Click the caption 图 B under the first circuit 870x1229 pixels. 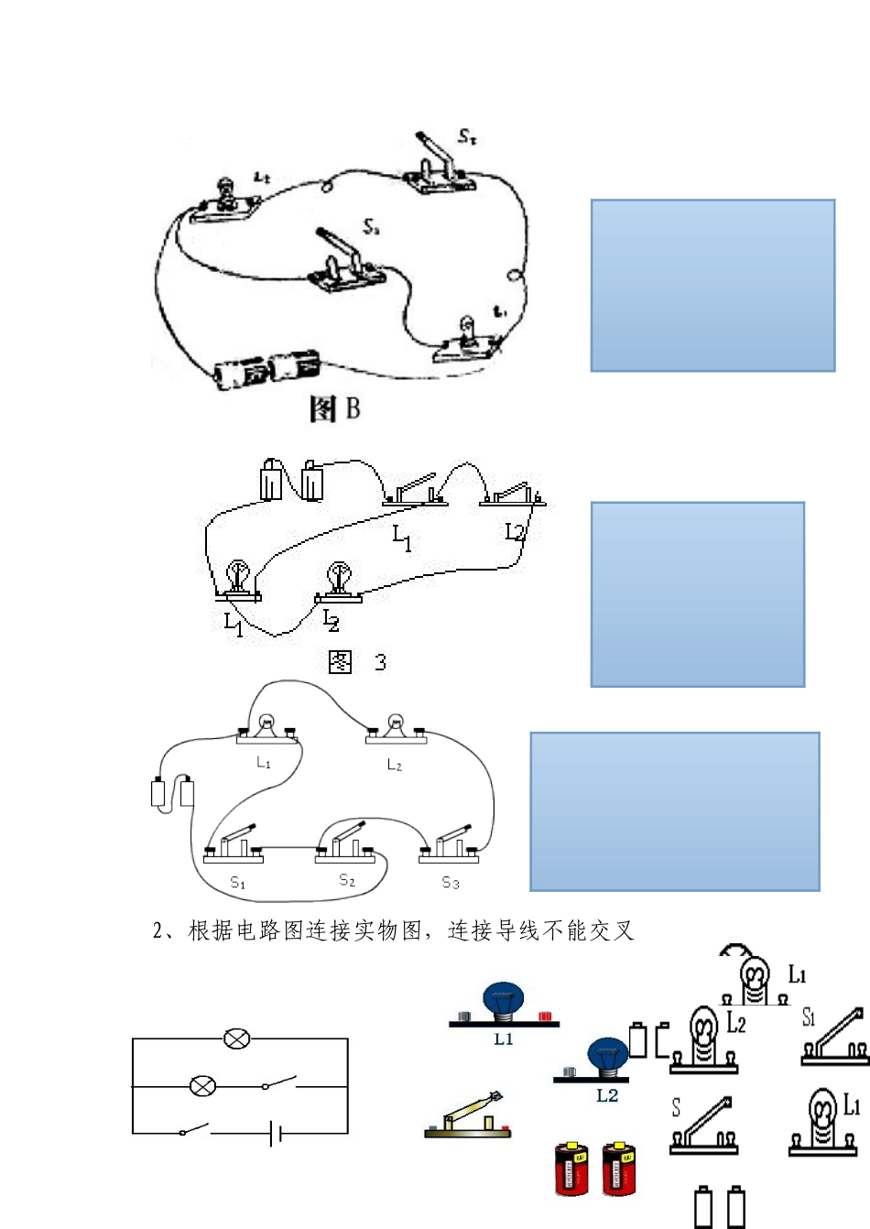point(334,408)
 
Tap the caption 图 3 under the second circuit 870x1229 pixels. point(356,661)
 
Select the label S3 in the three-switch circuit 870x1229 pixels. point(450,883)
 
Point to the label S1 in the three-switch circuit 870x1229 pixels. point(237,883)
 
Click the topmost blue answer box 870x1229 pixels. point(712,285)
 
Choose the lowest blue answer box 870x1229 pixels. point(674,810)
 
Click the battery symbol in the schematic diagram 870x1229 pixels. point(276,1134)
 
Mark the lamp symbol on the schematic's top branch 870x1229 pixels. point(237,1039)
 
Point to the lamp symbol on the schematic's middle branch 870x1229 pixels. point(202,1087)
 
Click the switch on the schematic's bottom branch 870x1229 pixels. point(194,1130)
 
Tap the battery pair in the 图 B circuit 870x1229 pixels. point(266,369)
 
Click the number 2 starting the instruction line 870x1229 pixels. point(158,931)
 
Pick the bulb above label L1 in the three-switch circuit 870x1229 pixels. point(265,725)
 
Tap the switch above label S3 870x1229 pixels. point(450,845)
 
